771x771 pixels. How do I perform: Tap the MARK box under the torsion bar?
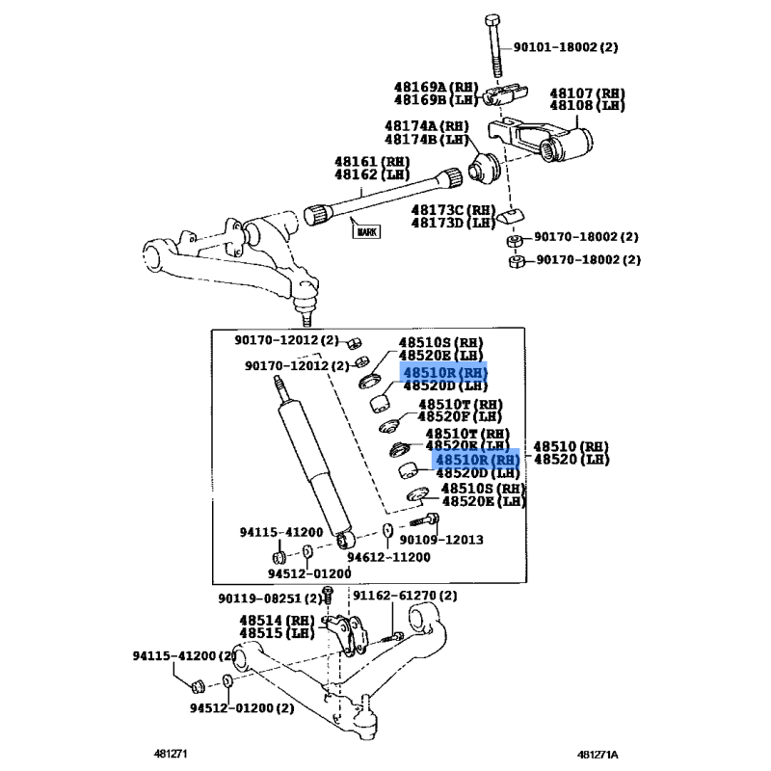[x=367, y=231]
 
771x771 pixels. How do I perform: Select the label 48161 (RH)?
[x=372, y=161]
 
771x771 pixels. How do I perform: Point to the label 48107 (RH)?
[x=587, y=93]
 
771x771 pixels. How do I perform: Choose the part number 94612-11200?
[x=388, y=557]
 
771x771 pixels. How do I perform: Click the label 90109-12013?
[x=441, y=540]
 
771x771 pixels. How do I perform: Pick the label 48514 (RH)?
[x=277, y=620]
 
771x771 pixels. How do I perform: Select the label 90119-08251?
[x=259, y=598]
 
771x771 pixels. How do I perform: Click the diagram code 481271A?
[x=598, y=755]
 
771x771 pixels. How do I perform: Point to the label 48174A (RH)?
[x=427, y=126]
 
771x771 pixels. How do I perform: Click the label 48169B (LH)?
[x=437, y=100]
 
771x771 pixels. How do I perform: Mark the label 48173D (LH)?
[x=453, y=223]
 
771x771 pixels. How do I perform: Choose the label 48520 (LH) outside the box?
[x=572, y=460]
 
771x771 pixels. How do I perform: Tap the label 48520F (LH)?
[x=460, y=416]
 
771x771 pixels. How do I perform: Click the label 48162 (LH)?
[x=372, y=174]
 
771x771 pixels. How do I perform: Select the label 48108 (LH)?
[x=587, y=105]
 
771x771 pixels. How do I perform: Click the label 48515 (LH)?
[x=277, y=633]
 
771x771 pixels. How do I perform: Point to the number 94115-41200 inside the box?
[x=281, y=532]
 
